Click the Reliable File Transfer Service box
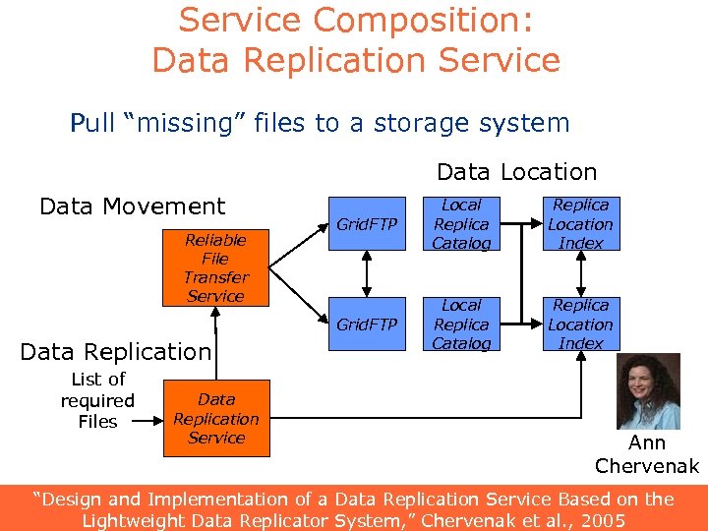pyautogui.click(x=215, y=267)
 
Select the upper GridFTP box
pyautogui.click(x=367, y=224)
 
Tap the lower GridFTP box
pyautogui.click(x=367, y=324)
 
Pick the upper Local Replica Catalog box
pyautogui.click(x=461, y=224)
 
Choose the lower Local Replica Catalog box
pyautogui.click(x=461, y=324)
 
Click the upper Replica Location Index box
pyautogui.click(x=580, y=224)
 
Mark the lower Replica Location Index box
pyautogui.click(x=580, y=324)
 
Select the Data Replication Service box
pyautogui.click(x=215, y=419)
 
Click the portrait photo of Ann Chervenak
pyautogui.click(x=648, y=390)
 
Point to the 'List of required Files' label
pyautogui.click(x=97, y=400)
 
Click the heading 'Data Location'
pyautogui.click(x=516, y=172)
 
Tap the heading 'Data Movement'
pyautogui.click(x=132, y=206)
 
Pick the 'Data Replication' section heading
pyautogui.click(x=115, y=352)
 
